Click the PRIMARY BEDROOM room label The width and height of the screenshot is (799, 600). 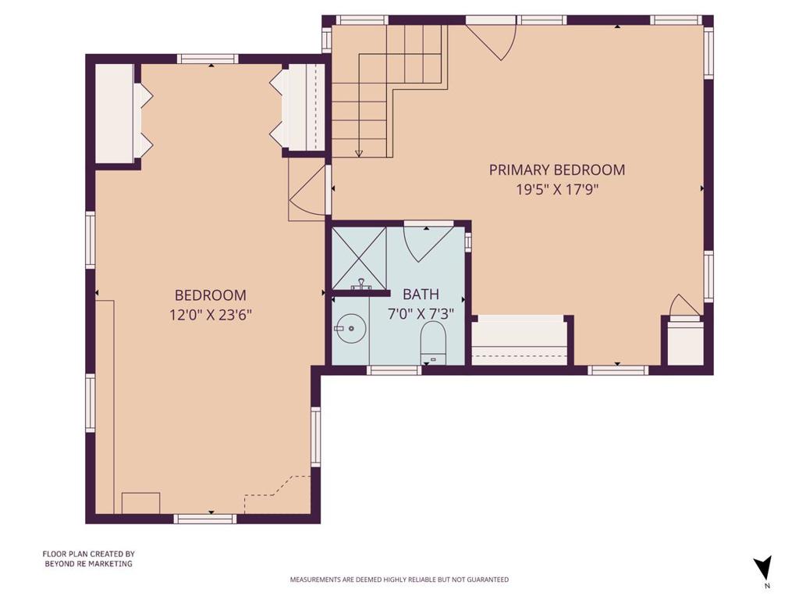tap(557, 170)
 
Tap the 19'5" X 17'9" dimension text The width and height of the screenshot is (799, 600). tap(557, 190)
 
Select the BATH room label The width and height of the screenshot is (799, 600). tap(421, 295)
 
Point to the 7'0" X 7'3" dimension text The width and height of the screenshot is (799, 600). tap(421, 314)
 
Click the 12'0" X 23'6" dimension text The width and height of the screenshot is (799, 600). tap(211, 315)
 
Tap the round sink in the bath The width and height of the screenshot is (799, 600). tap(350, 328)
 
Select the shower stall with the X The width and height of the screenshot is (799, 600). tap(359, 259)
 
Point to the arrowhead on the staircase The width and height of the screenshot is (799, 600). tap(359, 153)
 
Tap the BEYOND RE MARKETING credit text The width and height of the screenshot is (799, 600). tap(88, 564)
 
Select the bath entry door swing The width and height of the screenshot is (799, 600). tap(429, 245)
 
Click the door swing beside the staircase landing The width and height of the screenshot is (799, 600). tap(307, 191)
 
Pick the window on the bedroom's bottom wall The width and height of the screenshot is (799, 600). tap(205, 519)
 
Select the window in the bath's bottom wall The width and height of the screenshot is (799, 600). tap(394, 370)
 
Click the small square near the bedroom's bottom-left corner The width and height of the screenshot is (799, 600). tap(140, 503)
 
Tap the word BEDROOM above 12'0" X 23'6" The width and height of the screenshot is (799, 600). tap(211, 295)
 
